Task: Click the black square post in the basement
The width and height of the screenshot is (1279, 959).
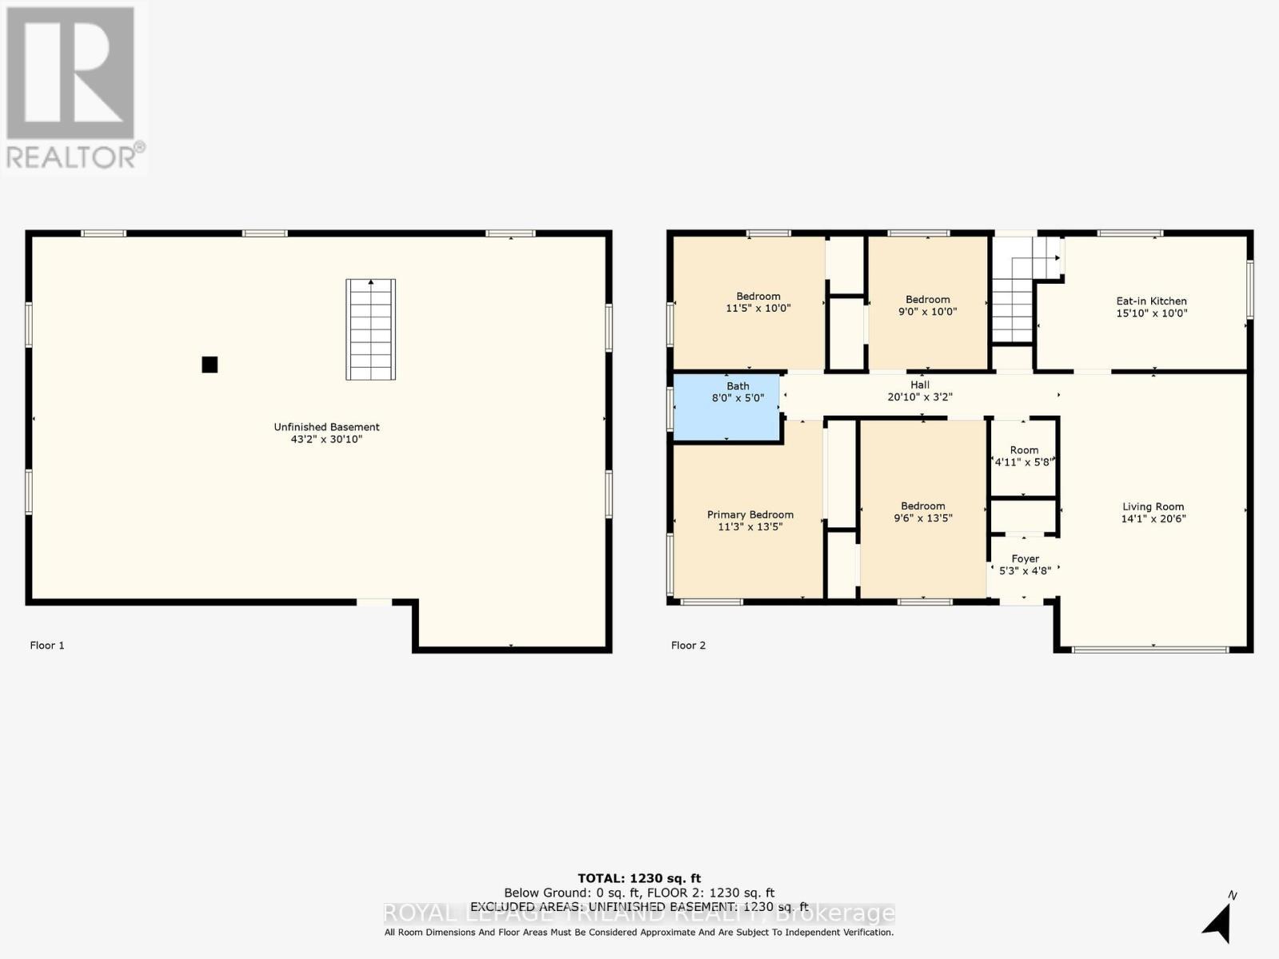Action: tap(209, 364)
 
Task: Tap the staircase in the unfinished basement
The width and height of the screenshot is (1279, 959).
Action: tap(371, 329)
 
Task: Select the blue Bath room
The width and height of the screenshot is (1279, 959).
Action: tap(727, 406)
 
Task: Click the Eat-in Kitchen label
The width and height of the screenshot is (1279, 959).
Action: tap(1151, 301)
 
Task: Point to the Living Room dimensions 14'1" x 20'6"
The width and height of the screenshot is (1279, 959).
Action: tap(1153, 519)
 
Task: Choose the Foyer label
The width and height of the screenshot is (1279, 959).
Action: tap(1025, 559)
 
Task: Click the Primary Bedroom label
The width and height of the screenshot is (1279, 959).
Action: tap(750, 515)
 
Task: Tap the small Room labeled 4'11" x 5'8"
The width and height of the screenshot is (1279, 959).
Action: tap(1024, 456)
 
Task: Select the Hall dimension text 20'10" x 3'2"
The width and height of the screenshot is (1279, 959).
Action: tap(919, 397)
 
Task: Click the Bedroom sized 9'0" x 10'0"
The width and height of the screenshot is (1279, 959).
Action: tap(927, 305)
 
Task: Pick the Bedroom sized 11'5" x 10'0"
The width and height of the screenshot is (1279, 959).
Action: tap(758, 302)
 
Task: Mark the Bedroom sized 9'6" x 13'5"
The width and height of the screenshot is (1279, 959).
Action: tap(922, 511)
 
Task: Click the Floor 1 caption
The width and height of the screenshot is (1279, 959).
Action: tap(47, 645)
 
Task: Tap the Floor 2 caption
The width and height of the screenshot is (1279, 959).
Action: tap(688, 645)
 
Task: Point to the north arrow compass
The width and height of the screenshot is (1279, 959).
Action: tap(1217, 921)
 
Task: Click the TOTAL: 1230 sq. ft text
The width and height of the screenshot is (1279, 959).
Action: tap(639, 878)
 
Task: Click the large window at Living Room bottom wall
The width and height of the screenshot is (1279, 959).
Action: tap(1150, 650)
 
